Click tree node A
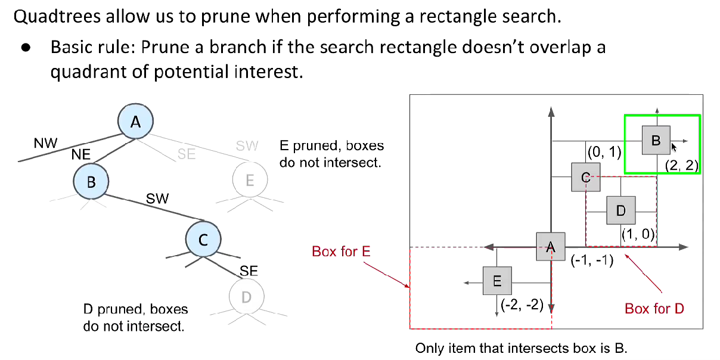tap(135, 122)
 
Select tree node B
tap(91, 181)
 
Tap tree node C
tap(203, 240)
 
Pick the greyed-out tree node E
tap(249, 180)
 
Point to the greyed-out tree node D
tap(246, 296)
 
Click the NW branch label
tap(45, 143)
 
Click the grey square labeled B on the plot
tap(656, 140)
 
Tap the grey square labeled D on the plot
tap(621, 210)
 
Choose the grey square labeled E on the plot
tap(497, 280)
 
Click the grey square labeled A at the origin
tap(550, 246)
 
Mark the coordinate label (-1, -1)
tap(592, 260)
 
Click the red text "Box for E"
tap(341, 251)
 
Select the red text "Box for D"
tap(654, 308)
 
